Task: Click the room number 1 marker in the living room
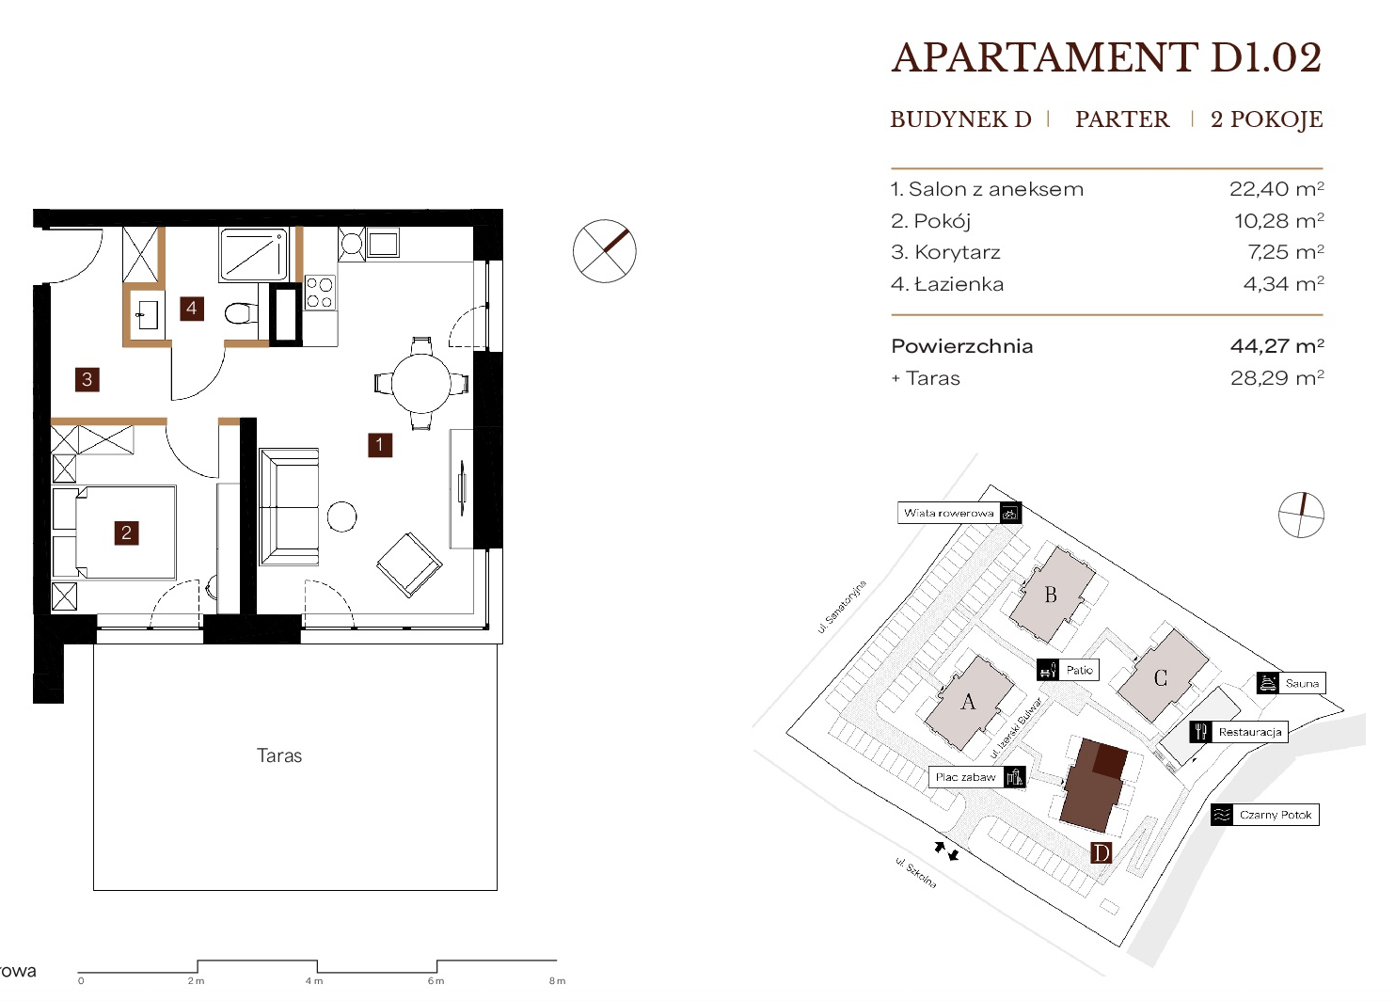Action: tap(380, 445)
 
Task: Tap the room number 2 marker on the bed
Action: tap(126, 533)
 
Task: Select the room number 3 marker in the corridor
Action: tap(87, 379)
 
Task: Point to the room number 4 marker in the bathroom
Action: tap(192, 309)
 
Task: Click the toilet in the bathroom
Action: tap(241, 313)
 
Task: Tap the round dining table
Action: tap(421, 383)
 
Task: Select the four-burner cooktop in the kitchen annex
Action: tap(320, 293)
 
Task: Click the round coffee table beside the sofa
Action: tap(341, 516)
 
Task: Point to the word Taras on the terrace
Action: tap(279, 755)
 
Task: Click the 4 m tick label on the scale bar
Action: tap(314, 981)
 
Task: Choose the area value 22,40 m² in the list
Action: tap(1276, 188)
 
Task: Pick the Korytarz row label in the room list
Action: tap(958, 252)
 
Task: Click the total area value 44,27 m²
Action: tap(1277, 345)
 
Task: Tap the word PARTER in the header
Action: tap(1122, 119)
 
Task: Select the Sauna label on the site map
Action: tap(1302, 683)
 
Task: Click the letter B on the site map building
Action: tap(1051, 595)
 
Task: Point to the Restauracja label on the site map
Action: tap(1250, 732)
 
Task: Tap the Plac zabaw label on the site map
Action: tap(965, 777)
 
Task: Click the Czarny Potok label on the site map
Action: tap(1276, 815)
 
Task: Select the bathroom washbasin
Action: tap(147, 314)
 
